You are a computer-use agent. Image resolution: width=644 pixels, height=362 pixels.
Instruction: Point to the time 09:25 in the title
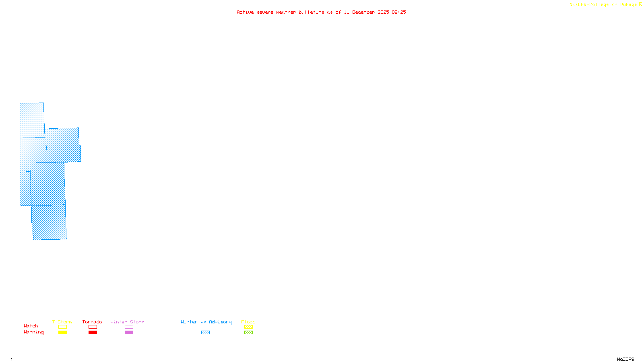(399, 12)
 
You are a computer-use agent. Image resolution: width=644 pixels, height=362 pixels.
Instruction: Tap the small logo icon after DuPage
(640, 4)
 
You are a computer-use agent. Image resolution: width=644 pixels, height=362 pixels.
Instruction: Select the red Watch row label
(31, 326)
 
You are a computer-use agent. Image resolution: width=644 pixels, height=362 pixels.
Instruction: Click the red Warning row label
(33, 332)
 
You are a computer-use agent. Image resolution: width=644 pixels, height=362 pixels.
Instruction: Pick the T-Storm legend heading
(62, 322)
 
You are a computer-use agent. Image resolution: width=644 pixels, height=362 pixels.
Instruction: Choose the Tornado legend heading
(92, 322)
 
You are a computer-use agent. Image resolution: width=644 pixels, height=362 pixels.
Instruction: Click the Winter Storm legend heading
(127, 322)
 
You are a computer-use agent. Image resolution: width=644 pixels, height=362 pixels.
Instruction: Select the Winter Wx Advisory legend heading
(206, 322)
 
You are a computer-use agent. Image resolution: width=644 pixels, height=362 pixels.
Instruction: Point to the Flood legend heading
(248, 322)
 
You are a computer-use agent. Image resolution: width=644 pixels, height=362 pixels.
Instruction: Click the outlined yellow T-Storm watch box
(62, 327)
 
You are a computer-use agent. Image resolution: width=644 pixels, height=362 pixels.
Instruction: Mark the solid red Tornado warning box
(93, 333)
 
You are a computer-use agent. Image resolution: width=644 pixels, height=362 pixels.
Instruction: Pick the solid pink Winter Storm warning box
(129, 333)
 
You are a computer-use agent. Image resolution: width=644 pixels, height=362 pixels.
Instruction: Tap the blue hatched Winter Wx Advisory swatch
(205, 333)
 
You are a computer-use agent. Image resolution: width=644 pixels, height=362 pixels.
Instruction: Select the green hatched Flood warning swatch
(248, 333)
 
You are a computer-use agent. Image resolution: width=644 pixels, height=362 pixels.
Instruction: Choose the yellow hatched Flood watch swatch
(248, 327)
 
